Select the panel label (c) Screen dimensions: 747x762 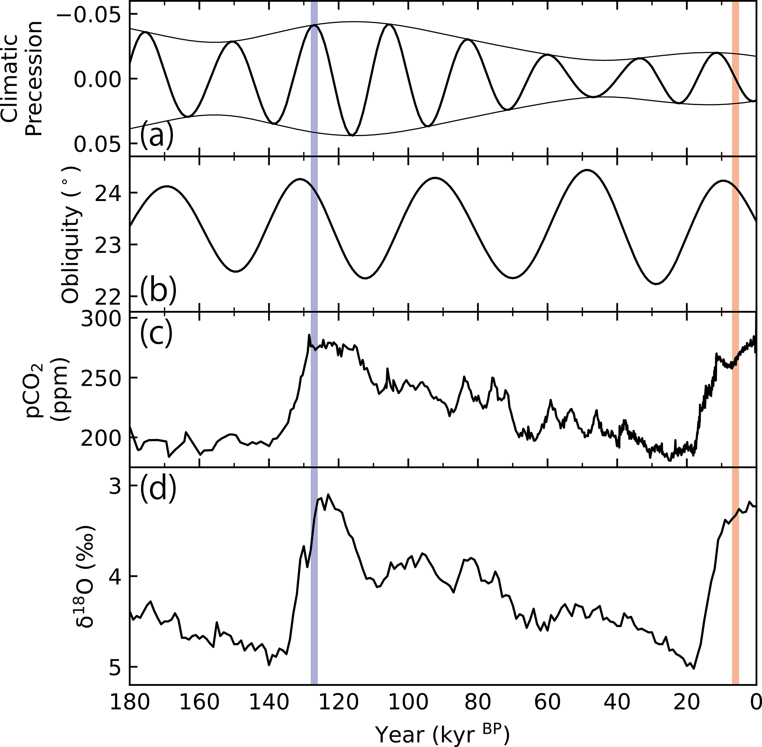(x=156, y=334)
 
